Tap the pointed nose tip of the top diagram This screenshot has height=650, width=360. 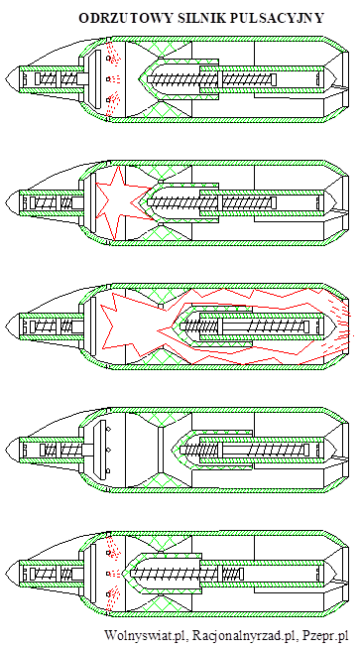coord(6,78)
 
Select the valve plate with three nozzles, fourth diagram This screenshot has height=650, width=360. coord(101,450)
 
